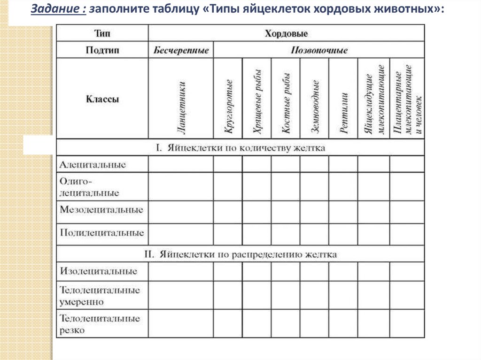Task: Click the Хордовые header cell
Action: tap(286, 33)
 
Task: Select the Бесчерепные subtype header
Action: tap(181, 50)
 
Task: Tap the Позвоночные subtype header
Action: tap(319, 50)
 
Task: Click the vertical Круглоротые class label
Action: tap(229, 106)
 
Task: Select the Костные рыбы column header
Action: tap(286, 103)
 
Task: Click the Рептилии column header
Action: tap(344, 113)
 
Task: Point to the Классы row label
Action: tap(102, 100)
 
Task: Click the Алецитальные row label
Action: tap(93, 165)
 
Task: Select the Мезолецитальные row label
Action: tap(101, 210)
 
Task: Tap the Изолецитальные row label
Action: tap(99, 271)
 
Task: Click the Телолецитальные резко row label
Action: tap(100, 324)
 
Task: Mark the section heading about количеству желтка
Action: tap(240, 148)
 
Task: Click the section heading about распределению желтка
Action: tap(240, 254)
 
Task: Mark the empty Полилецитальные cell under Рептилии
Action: tap(343, 234)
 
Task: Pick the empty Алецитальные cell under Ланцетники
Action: tap(181, 164)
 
